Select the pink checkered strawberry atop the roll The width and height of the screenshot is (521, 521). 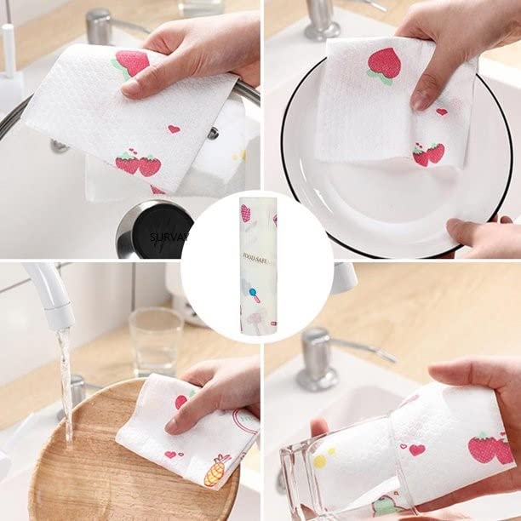[246, 212]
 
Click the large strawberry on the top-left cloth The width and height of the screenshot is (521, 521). [132, 63]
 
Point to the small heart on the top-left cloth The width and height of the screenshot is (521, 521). [174, 129]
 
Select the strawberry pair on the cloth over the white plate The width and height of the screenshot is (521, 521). [428, 153]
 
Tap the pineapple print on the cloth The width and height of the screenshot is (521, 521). [216, 470]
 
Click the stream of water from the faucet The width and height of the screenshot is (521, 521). [66, 383]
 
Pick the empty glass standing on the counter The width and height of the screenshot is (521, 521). [156, 341]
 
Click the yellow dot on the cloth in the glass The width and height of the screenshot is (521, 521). [320, 461]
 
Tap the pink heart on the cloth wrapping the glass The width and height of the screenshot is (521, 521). [416, 449]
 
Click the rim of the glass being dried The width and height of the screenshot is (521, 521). [288, 477]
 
